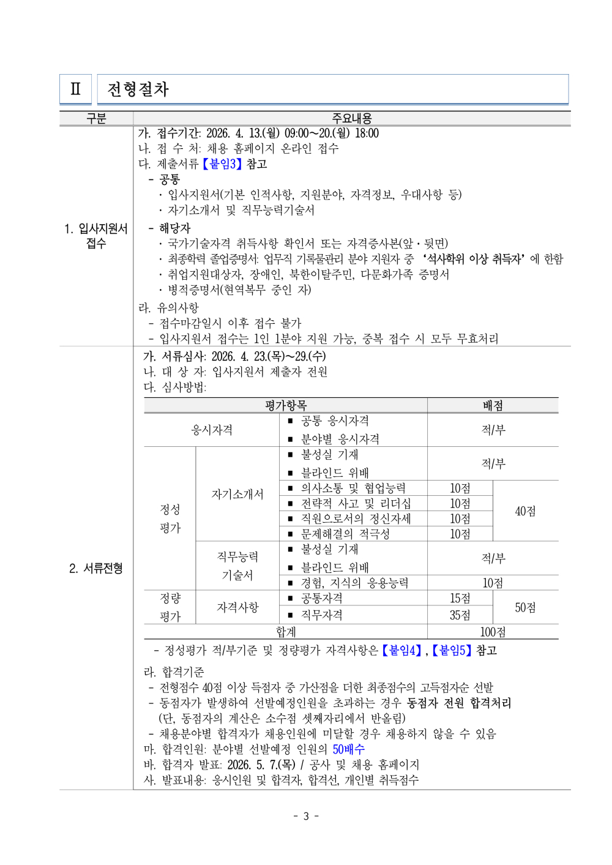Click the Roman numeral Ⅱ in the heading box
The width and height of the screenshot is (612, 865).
point(75,89)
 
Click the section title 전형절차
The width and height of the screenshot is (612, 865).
point(138,89)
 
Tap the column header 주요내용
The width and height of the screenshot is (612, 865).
point(352,118)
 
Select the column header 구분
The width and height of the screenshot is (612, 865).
point(96,118)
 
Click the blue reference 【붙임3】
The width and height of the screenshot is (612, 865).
point(222,164)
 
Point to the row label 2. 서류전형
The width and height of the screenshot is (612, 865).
point(96,568)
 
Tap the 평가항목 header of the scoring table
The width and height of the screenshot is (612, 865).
point(286,405)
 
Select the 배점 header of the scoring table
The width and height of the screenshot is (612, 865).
point(493,405)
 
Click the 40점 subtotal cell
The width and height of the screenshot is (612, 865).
point(525,511)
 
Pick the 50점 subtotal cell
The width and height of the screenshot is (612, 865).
point(525,607)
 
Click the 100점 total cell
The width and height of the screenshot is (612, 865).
point(493,632)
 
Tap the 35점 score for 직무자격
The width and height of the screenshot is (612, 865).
point(460,615)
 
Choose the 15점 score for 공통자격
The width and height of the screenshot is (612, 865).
point(460,598)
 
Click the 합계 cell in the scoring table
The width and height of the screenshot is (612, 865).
point(286,632)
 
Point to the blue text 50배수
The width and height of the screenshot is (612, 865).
point(348,749)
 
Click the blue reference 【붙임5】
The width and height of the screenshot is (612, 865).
point(452,650)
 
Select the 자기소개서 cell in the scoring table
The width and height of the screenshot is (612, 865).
point(237,494)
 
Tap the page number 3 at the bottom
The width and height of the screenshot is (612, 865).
point(306,816)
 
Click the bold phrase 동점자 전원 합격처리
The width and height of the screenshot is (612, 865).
point(459,703)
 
